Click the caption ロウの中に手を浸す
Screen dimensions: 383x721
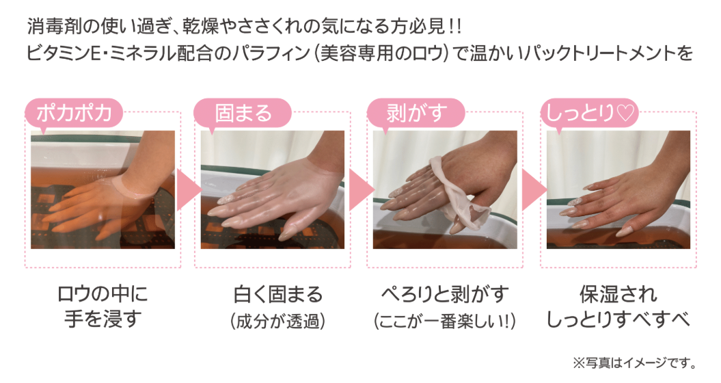[x=102, y=307]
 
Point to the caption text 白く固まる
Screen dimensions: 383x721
[x=277, y=295]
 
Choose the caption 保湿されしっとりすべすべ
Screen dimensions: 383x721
[x=618, y=307]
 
